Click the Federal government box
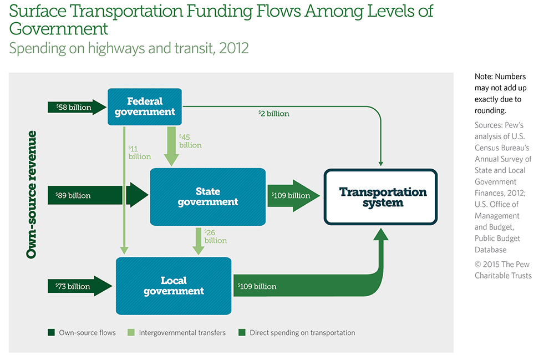144,107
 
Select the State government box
207,196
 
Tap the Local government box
173,286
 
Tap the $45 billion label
190,141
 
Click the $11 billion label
139,153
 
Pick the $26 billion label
215,236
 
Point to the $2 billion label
273,114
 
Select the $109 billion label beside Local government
257,286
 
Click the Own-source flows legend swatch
51,333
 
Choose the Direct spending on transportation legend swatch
242,333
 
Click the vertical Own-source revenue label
32,194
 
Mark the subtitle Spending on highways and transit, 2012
129,48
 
